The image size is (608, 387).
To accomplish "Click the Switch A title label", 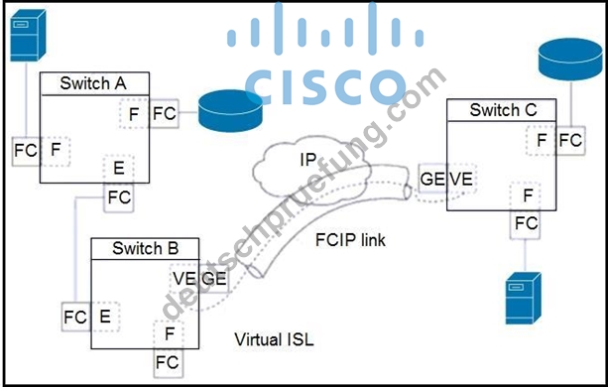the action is tap(93, 83).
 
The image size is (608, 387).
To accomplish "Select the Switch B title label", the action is tap(146, 248).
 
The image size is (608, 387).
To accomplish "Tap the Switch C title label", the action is tap(503, 110).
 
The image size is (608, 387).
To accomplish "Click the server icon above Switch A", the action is tap(28, 35).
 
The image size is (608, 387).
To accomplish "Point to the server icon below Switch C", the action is tap(524, 298).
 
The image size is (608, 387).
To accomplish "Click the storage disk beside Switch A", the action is tap(230, 111).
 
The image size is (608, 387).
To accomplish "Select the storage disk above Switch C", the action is tap(570, 59).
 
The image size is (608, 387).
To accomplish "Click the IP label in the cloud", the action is tap(308, 160).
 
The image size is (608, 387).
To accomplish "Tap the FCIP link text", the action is tap(350, 240).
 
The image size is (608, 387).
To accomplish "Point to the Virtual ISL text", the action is tap(274, 339).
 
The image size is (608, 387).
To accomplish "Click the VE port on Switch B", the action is tap(184, 279).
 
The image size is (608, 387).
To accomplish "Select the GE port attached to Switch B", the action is tap(213, 279).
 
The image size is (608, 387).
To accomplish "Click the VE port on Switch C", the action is tap(462, 179).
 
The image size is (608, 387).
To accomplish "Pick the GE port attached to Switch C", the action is tap(432, 179).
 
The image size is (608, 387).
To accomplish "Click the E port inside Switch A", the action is tap(119, 169).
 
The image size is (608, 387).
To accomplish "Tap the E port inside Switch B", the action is tap(105, 317).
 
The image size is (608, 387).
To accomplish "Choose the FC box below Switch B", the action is tap(168, 363).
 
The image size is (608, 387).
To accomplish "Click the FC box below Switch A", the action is tap(119, 197).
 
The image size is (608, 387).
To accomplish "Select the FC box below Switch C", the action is tap(526, 223).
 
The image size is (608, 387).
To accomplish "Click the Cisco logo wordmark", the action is tap(325, 87).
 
